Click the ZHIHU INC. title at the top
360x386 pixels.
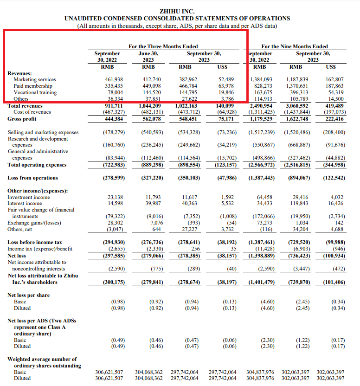click(x=177, y=12)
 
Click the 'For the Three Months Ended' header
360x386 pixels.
click(x=163, y=46)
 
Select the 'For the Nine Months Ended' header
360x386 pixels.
click(x=295, y=46)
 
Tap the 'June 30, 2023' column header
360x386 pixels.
click(x=148, y=57)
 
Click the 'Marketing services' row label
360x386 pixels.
click(x=35, y=79)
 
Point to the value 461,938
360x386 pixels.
click(x=114, y=79)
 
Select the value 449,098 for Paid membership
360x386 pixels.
click(x=152, y=86)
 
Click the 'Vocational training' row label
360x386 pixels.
click(x=35, y=93)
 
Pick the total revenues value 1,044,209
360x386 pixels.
click(x=150, y=106)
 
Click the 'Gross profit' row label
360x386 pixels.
click(x=22, y=119)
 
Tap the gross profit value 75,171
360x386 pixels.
click(x=226, y=119)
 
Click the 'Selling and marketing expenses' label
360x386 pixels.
click(x=43, y=132)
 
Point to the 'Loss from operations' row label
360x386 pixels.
click(x=33, y=178)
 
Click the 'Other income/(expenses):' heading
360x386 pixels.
click(x=38, y=191)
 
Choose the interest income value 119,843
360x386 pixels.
click(x=299, y=203)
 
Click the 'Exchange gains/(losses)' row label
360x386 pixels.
click(x=34, y=223)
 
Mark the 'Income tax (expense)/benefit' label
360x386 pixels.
click(x=40, y=249)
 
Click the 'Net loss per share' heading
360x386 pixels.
click(x=29, y=295)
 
